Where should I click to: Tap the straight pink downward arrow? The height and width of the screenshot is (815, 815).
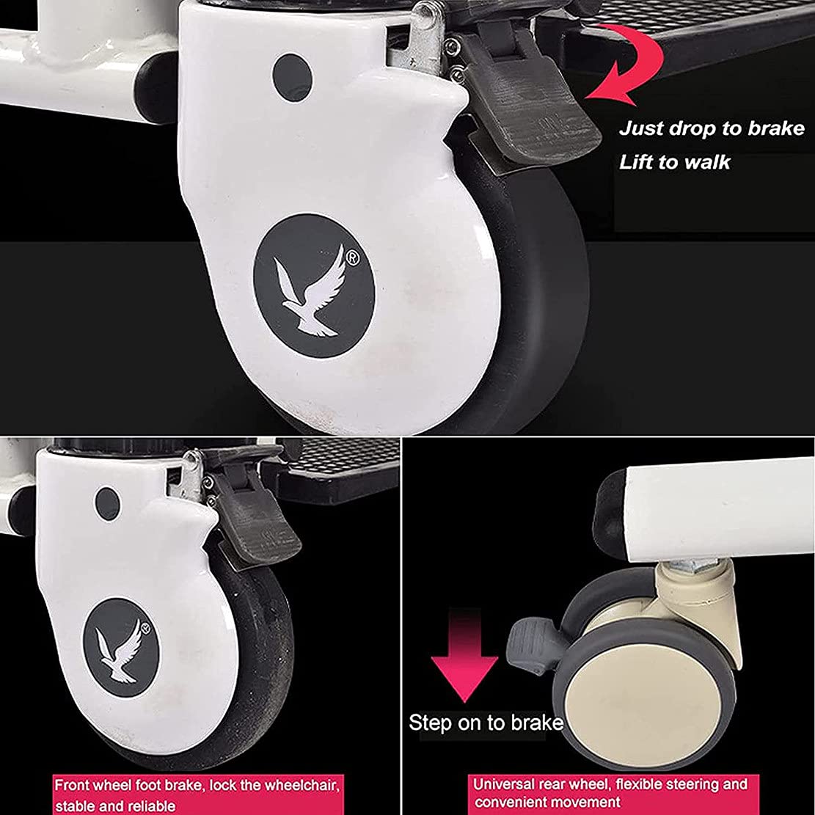(x=464, y=657)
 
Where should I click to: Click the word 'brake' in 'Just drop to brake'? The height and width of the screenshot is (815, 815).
(x=775, y=128)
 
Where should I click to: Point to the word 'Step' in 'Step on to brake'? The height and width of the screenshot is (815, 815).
(x=430, y=723)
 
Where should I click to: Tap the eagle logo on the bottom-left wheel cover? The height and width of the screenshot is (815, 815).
(x=120, y=651)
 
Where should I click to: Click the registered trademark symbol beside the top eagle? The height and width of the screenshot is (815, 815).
(x=352, y=257)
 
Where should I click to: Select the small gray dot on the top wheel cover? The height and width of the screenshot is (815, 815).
(x=292, y=78)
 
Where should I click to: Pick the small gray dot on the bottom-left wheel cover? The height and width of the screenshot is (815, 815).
(x=108, y=503)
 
